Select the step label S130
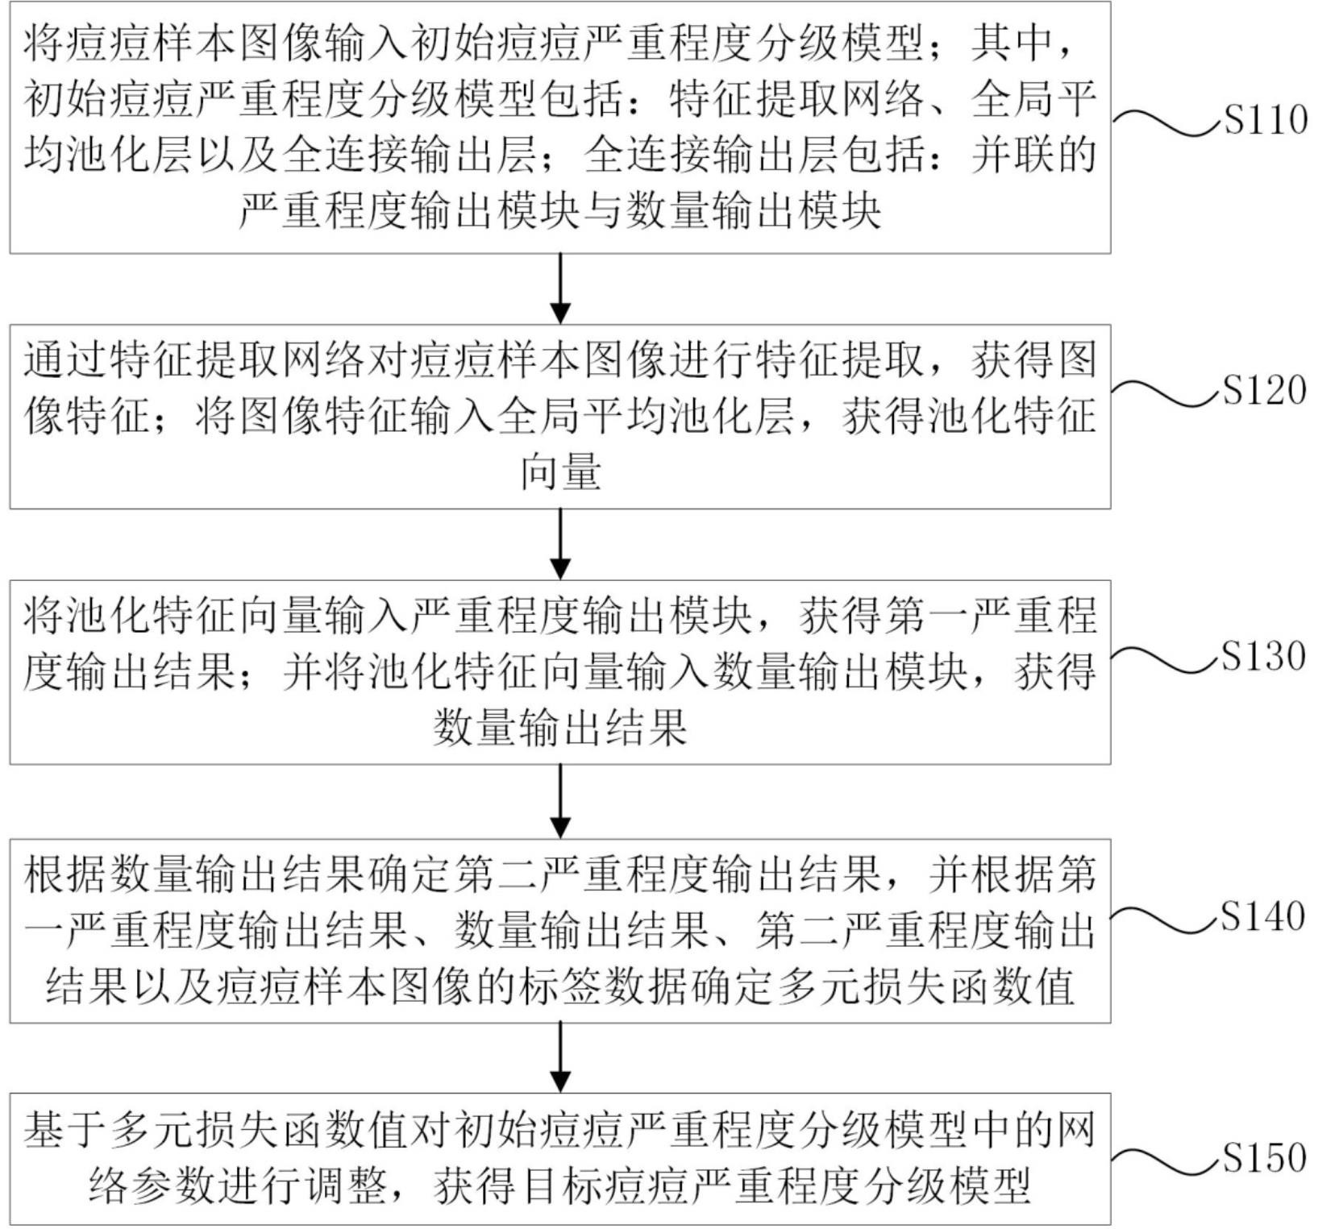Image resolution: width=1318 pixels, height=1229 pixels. click(x=1263, y=656)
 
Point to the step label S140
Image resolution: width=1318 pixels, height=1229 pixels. click(x=1262, y=916)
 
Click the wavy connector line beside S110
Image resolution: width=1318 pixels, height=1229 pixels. click(x=1166, y=122)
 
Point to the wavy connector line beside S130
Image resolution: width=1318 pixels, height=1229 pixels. click(x=1166, y=657)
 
